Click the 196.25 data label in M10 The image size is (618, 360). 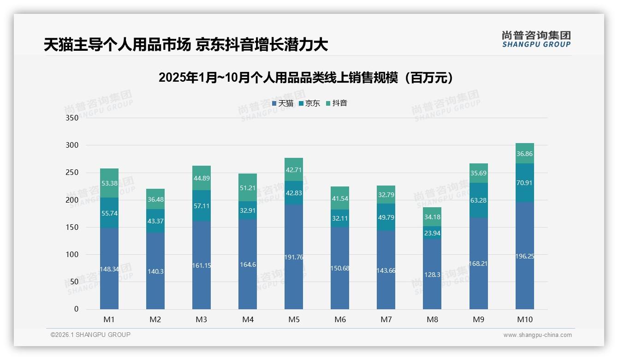click(x=524, y=256)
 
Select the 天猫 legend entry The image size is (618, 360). click(x=283, y=103)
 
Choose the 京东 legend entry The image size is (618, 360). click(x=309, y=103)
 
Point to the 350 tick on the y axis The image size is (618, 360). click(x=72, y=118)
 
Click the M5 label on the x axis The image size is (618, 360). click(x=294, y=319)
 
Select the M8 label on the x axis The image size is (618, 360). click(x=432, y=319)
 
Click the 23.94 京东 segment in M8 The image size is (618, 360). click(x=432, y=233)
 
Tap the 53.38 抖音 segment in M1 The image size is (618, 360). click(x=109, y=183)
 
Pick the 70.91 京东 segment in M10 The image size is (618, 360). click(x=524, y=183)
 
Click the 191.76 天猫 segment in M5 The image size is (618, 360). click(x=294, y=257)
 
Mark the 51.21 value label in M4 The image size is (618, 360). click(x=248, y=187)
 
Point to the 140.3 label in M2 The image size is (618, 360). click(x=155, y=271)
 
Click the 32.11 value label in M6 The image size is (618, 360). click(x=340, y=218)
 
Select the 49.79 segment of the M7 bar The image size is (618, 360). click(x=386, y=217)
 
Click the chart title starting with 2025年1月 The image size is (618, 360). click(x=306, y=78)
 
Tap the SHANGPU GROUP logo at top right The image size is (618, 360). click(x=536, y=39)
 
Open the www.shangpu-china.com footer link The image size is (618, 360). click(x=537, y=335)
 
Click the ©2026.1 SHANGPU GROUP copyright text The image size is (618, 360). click(x=90, y=335)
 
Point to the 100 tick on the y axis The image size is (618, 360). click(x=72, y=255)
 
